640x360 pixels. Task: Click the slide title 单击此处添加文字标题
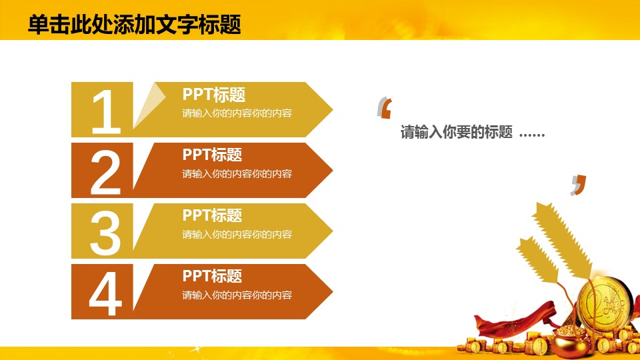[134, 25]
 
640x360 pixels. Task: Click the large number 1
[106, 111]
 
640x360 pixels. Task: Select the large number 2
[105, 172]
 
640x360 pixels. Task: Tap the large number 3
[105, 233]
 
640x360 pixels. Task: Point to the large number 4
[105, 293]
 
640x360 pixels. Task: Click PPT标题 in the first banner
[213, 94]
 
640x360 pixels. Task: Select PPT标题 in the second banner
[212, 155]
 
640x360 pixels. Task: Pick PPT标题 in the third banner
[212, 215]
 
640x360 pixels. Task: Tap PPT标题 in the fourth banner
[212, 276]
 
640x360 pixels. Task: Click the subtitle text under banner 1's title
[237, 113]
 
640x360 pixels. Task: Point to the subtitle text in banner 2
[237, 174]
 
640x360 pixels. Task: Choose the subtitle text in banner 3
[237, 234]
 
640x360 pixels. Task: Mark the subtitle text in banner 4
[237, 295]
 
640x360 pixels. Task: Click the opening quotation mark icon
[385, 108]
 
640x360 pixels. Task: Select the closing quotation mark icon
[579, 185]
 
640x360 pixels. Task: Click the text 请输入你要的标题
[456, 132]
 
